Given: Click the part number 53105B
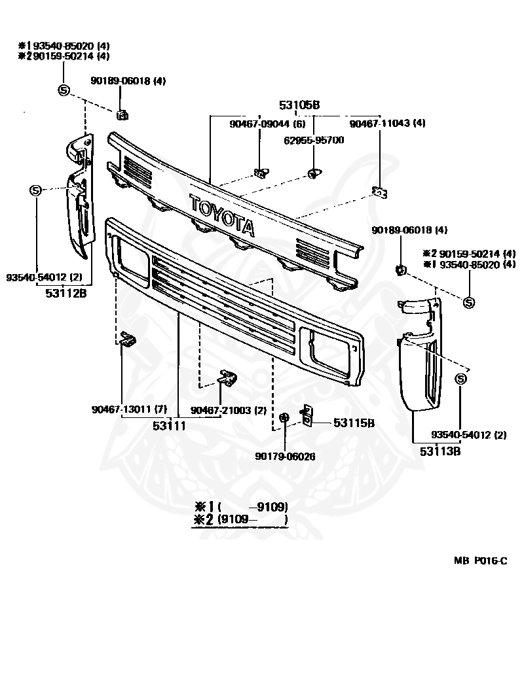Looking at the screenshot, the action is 299,105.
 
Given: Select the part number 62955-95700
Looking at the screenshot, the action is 314,141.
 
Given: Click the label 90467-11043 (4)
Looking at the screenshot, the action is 387,124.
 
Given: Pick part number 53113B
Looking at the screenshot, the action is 440,451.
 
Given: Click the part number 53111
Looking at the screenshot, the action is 169,426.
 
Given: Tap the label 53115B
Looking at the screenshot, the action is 354,423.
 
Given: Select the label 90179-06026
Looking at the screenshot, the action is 285,457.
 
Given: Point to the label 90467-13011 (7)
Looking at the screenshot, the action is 129,409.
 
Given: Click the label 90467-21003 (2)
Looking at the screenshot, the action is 229,410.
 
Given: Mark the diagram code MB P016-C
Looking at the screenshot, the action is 481,561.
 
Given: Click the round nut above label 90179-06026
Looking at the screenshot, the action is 284,417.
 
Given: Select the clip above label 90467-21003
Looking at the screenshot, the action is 227,378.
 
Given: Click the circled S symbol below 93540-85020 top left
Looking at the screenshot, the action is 64,90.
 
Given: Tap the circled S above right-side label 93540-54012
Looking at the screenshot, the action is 460,379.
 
